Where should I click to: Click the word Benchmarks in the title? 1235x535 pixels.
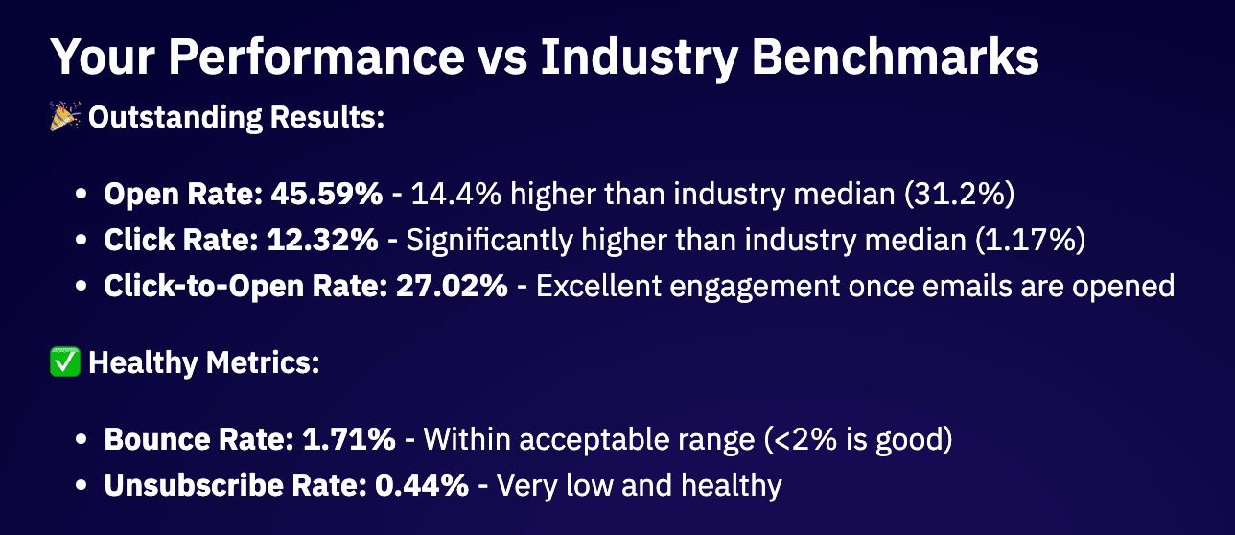point(896,57)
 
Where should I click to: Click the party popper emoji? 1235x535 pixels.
point(65,116)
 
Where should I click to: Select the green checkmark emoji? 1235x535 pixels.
point(65,361)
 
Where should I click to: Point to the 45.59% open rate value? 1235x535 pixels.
point(327,194)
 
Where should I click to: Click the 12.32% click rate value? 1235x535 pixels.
point(322,240)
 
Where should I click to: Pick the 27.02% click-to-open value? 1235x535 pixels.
point(452,287)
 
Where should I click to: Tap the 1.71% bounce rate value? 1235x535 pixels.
point(349,439)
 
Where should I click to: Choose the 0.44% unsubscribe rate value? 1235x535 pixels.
point(422,485)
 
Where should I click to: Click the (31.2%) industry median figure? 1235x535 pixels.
point(959,194)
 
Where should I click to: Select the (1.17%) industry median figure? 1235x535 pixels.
point(1030,240)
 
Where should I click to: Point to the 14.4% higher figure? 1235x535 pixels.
point(456,194)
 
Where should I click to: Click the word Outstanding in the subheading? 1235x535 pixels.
point(175,118)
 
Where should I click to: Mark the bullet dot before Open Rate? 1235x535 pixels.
point(82,194)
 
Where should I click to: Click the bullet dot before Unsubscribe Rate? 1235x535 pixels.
point(82,485)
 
